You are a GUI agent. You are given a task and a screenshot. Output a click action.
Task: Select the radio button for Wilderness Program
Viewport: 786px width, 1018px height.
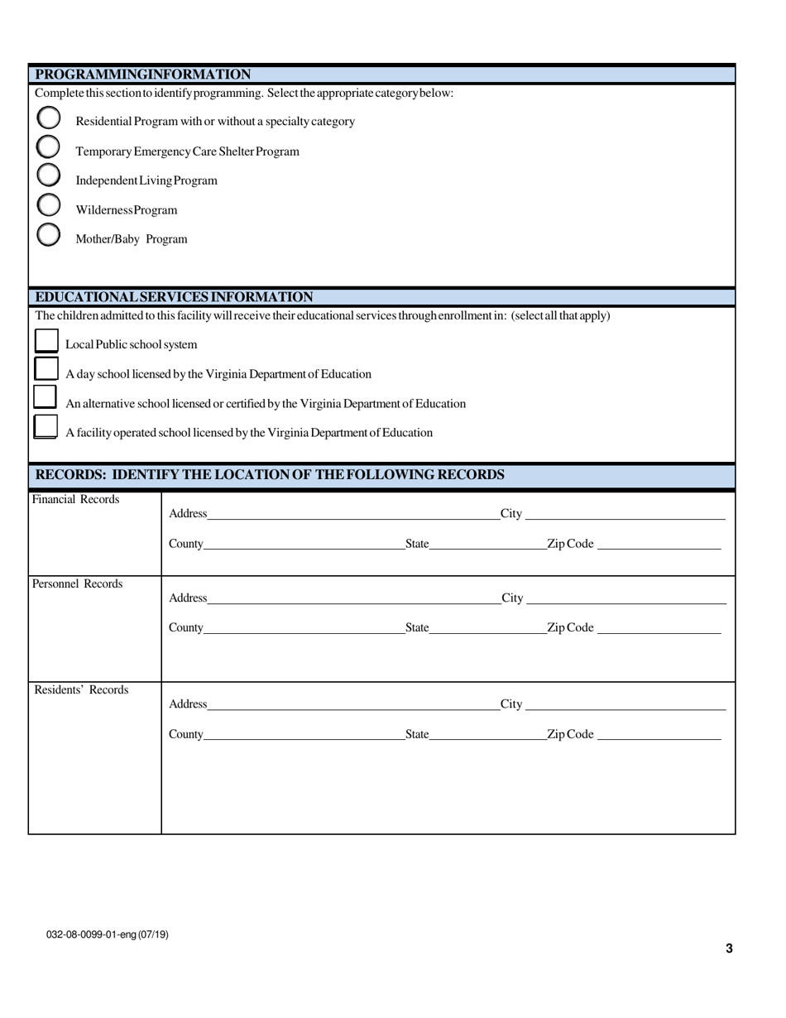coord(49,205)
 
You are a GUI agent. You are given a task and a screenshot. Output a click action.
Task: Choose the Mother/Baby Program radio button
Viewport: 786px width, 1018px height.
coord(49,235)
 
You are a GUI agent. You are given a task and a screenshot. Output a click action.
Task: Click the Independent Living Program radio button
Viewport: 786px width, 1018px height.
coord(49,175)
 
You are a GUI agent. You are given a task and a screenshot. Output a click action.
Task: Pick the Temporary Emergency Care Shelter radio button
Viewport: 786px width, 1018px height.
coord(49,147)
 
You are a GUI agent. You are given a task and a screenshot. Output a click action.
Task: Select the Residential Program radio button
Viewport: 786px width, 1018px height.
coord(49,118)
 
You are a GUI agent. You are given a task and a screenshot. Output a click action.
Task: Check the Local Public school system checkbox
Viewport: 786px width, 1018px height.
coord(46,342)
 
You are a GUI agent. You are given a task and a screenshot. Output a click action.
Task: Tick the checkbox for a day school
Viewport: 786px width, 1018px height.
coord(46,370)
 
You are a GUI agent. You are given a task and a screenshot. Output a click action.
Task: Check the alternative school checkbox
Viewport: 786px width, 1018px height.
coord(45,398)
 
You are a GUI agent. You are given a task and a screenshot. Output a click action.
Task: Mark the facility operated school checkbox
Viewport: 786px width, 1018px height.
coord(46,428)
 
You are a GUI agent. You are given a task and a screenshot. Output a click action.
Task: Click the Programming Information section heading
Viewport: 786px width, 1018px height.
coord(143,74)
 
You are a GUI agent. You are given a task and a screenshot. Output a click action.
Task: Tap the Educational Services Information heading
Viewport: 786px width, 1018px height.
coord(174,297)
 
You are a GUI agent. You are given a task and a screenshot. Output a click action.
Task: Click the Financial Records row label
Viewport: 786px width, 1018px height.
coord(75,499)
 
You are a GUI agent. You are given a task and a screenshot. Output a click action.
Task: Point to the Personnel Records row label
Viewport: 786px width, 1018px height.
coord(77,583)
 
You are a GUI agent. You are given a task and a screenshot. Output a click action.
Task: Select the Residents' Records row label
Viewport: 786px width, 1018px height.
coord(81,689)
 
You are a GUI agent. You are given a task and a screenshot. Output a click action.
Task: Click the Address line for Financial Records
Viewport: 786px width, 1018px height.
coord(352,514)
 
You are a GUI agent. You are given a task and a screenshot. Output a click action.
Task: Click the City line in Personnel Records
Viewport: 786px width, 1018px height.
coord(625,598)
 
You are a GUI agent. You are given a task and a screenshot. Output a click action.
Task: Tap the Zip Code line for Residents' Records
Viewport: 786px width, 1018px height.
coord(659,734)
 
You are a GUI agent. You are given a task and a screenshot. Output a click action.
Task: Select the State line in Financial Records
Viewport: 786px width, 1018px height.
coord(487,544)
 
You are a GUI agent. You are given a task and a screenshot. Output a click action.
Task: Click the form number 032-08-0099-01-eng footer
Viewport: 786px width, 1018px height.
coord(108,934)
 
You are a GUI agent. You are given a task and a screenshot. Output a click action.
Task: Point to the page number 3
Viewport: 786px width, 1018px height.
coord(729,948)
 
